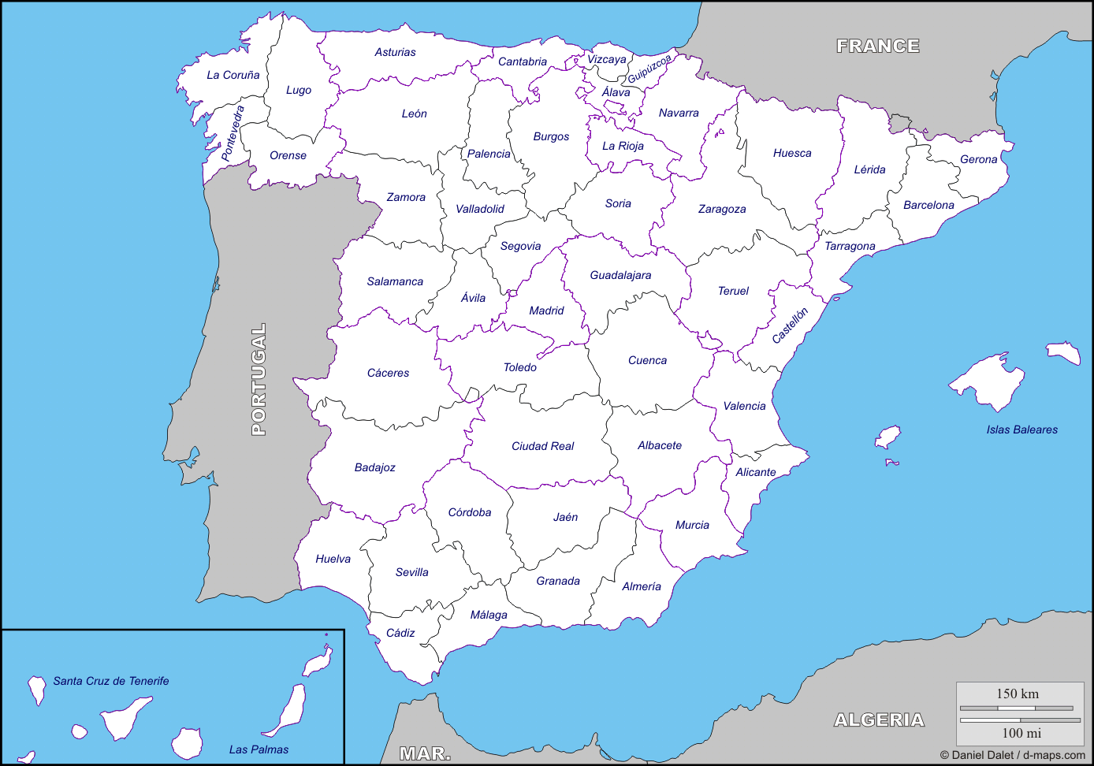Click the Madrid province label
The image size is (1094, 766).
[x=546, y=310]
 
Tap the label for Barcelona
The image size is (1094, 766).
[x=928, y=205]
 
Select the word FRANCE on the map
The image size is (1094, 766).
[x=878, y=46]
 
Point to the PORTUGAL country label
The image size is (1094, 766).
[x=259, y=379]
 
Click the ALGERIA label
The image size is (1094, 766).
[x=879, y=720]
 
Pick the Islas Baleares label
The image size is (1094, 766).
[x=1021, y=429]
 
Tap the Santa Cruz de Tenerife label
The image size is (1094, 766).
[x=111, y=681]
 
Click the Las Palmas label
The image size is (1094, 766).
[x=259, y=749]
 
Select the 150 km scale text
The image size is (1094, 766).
[x=1018, y=694]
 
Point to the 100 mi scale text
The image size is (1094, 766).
[x=1021, y=733]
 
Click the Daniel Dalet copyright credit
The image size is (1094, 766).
[x=1012, y=755]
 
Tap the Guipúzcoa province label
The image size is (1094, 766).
[x=649, y=69]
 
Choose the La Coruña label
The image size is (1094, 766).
[x=233, y=75]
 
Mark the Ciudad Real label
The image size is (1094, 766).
[x=542, y=446]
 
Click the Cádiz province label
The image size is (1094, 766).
[x=400, y=633]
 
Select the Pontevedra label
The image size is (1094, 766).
[x=233, y=133]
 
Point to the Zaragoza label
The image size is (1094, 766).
[x=722, y=209]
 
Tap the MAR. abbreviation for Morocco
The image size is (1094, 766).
[x=425, y=753]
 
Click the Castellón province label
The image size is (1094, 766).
[x=790, y=325]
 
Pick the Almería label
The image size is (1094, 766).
[x=642, y=586]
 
